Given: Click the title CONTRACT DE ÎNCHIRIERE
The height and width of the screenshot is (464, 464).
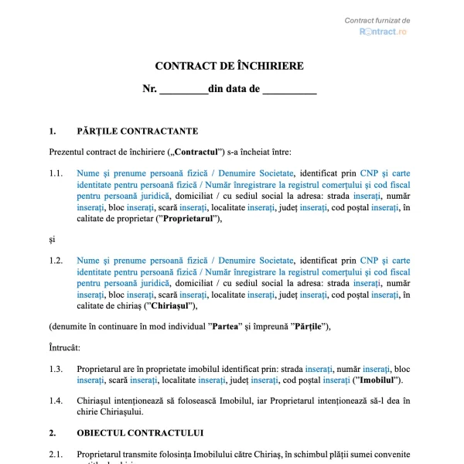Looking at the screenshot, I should tap(230, 67).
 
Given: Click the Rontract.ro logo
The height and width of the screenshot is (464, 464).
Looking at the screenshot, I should tap(383, 32).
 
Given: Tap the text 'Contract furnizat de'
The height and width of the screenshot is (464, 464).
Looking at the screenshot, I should tap(377, 20).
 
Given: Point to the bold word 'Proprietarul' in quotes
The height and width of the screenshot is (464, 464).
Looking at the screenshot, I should tap(189, 218).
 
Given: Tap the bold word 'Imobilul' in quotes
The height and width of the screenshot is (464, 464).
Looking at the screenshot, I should tap(377, 380).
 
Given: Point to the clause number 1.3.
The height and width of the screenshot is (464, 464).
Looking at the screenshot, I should tap(56, 369).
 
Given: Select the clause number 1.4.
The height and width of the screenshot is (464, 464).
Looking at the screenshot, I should tap(56, 401).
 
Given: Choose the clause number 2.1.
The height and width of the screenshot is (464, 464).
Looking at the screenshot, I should tap(56, 453).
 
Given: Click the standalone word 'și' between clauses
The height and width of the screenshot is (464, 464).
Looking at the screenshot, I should tap(52, 240).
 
